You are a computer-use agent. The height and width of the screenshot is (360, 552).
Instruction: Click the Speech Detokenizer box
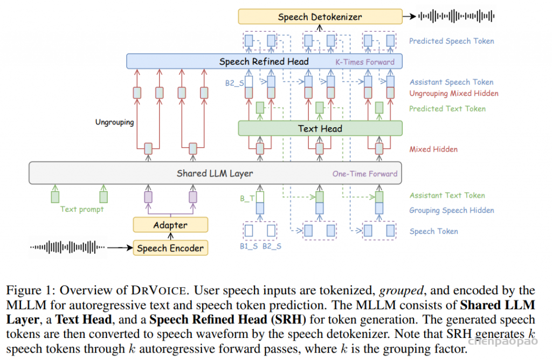point(320,17)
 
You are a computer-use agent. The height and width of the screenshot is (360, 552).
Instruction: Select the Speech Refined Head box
point(264,61)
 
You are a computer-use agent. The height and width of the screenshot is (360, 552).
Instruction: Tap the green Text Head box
point(320,128)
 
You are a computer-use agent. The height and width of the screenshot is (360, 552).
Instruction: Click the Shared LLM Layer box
point(215,174)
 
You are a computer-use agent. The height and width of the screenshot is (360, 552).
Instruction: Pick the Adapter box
point(170,225)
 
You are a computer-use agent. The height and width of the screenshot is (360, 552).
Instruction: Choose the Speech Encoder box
point(170,248)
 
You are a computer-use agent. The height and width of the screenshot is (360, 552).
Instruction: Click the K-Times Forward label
point(365,62)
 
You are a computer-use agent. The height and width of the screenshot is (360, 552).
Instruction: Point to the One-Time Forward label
point(365,174)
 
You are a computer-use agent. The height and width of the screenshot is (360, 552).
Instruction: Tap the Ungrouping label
point(114,122)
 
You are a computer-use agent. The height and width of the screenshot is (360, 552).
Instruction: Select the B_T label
point(247,198)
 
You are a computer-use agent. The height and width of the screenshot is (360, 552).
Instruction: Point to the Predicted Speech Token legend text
point(451,41)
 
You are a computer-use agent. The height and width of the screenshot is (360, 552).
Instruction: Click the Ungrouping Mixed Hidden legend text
point(453,94)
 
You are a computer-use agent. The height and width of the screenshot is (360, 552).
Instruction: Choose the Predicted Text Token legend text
point(447,109)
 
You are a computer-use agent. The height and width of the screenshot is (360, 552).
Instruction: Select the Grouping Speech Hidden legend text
point(451,211)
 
